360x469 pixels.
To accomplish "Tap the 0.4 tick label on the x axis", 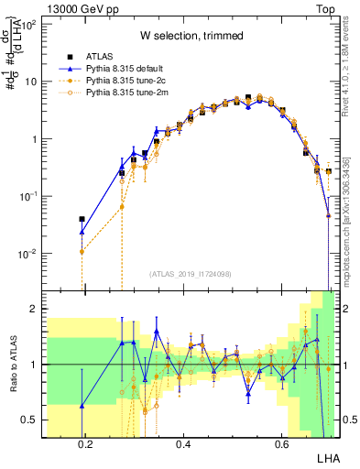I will pos(182,444).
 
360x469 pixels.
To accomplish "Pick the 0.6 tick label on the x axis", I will pos(279,444).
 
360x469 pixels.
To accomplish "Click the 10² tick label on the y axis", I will pos(29,25).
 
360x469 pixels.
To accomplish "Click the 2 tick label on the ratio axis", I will pos(32,309).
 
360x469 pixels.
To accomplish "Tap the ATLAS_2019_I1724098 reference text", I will pos(191,274).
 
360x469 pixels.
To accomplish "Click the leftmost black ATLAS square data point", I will pos(82,220).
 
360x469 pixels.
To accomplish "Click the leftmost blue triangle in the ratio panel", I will pos(82,406).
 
